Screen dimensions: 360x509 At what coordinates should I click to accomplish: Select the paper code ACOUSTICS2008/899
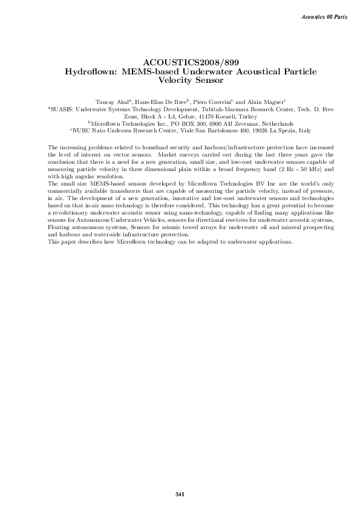pyautogui.click(x=180, y=62)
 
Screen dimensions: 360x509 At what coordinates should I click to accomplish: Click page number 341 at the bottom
pyautogui.click(x=180, y=494)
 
